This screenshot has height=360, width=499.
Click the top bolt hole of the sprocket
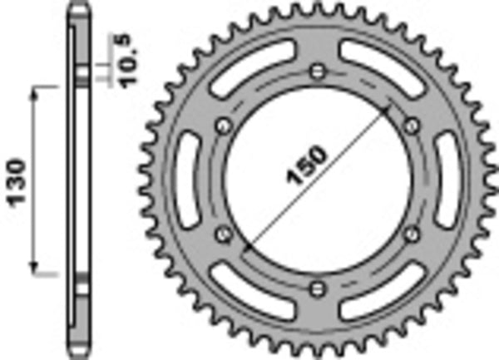(317, 71)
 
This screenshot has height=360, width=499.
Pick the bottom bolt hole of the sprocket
(317, 288)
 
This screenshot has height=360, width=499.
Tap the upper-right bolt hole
(411, 125)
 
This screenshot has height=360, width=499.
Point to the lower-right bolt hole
(411, 234)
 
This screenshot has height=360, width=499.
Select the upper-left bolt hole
(223, 125)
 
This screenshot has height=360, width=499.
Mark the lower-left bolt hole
(223, 234)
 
